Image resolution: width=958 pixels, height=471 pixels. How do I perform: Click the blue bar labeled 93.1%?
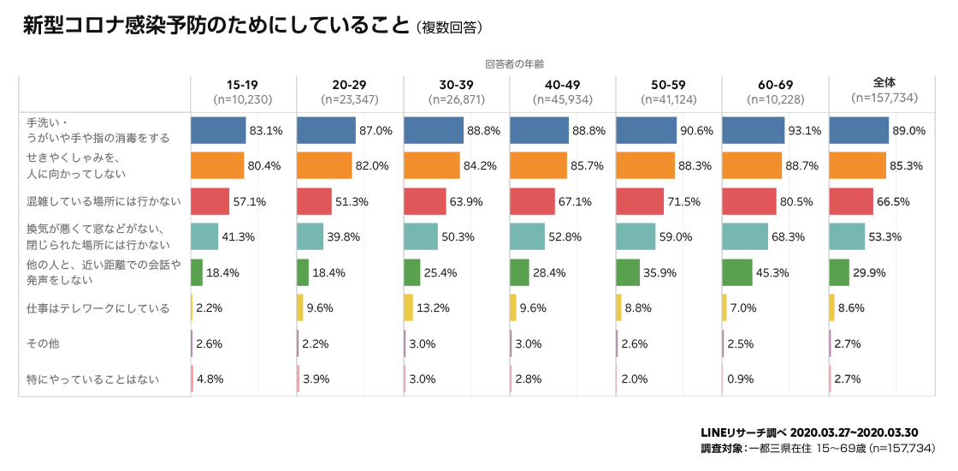[x=754, y=130]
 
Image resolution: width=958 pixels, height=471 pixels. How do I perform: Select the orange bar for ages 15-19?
[x=217, y=165]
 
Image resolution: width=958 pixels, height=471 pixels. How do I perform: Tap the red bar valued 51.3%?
[x=314, y=201]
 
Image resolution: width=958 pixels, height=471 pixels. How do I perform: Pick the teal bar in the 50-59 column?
[x=636, y=236]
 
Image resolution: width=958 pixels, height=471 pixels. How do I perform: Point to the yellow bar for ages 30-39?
[x=408, y=307]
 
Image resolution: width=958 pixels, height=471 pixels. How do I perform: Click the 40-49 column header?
[x=562, y=84]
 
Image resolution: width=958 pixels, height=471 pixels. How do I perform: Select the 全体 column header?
[x=884, y=82]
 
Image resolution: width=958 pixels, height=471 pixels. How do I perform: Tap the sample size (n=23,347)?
[x=350, y=99]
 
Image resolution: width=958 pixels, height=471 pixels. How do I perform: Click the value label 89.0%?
[x=908, y=131]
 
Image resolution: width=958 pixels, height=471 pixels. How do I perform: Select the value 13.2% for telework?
[x=433, y=308]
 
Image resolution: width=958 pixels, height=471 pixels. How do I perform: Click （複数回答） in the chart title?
[x=451, y=28]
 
